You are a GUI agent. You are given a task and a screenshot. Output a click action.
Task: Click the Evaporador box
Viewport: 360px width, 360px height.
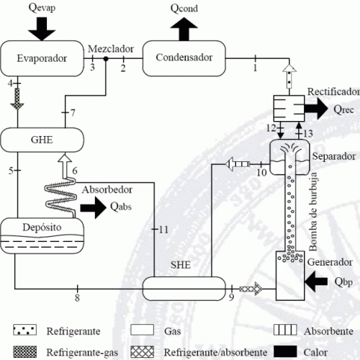coord(42,58)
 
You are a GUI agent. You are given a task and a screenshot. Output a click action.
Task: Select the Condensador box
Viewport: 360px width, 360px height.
coord(184,58)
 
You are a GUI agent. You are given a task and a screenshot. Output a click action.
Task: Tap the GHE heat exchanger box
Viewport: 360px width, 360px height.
coord(42,140)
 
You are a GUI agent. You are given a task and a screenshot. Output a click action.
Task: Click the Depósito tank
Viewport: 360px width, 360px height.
coord(42,235)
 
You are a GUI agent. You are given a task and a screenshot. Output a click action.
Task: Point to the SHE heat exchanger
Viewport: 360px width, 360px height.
coord(184,289)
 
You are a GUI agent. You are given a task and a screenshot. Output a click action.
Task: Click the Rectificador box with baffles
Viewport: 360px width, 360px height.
coord(289,108)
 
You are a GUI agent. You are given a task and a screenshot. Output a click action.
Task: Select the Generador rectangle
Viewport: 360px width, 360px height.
coord(290,276)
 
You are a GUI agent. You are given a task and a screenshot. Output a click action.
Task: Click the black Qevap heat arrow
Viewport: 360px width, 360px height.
coord(42,29)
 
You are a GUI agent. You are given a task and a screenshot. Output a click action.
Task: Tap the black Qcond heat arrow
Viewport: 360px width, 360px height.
coord(184,29)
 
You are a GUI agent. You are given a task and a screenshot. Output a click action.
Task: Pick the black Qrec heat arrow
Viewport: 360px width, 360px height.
coord(316,109)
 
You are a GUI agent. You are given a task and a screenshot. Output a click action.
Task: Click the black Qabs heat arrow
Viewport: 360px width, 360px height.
coord(94,207)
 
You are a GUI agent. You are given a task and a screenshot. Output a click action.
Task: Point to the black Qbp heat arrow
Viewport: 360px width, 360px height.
coord(316,281)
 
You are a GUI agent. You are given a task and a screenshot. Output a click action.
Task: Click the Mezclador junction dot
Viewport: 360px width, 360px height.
coord(106,58)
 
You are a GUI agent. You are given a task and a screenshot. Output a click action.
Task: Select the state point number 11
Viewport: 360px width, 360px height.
coord(163,230)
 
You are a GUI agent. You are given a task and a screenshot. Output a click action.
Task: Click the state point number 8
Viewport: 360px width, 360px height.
coord(77,297)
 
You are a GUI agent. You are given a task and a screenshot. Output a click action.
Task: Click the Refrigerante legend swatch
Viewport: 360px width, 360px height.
coord(24,330)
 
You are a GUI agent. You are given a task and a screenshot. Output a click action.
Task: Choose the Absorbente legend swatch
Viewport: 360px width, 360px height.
coord(285,330)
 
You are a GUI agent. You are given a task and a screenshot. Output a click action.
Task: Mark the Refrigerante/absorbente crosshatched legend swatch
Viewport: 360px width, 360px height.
coord(142,351)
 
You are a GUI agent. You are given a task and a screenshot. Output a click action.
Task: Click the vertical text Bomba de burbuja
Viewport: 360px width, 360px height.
coord(313,212)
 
